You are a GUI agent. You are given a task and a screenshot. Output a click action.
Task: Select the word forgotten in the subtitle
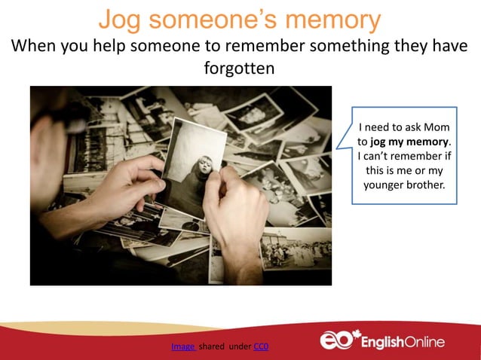pos(239,68)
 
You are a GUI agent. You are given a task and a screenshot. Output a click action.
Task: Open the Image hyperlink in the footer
pos(183,347)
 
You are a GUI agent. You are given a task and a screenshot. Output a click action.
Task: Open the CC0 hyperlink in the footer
pos(261,347)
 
